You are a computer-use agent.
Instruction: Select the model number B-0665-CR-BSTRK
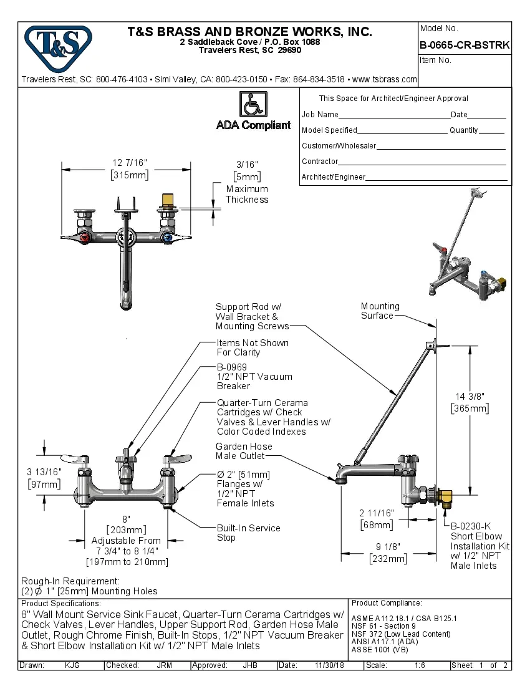tap(465, 46)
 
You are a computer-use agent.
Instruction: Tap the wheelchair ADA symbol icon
tap(253, 104)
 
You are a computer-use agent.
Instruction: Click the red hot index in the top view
tap(85, 238)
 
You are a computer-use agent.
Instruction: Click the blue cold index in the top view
tap(166, 238)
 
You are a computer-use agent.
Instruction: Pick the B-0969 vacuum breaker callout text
tap(254, 377)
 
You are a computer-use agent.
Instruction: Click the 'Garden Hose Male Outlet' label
tap(244, 452)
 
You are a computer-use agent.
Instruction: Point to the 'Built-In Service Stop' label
tap(248, 533)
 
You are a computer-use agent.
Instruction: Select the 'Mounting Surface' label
tap(380, 311)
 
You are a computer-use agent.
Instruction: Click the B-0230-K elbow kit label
tap(480, 546)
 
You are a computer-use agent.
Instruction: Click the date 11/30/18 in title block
tap(330, 665)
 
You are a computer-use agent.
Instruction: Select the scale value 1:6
tap(421, 665)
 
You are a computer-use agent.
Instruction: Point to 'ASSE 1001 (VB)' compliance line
tap(380, 649)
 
